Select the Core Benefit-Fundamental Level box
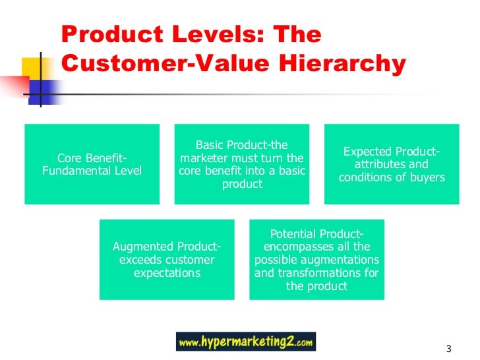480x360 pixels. (x=92, y=164)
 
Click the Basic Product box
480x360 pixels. (x=242, y=164)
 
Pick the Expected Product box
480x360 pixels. (x=392, y=164)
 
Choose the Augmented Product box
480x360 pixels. (x=167, y=260)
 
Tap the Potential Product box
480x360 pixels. (x=316, y=260)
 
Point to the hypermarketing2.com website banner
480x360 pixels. (x=246, y=342)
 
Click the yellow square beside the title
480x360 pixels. (x=33, y=69)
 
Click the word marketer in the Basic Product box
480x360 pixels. (x=206, y=158)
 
